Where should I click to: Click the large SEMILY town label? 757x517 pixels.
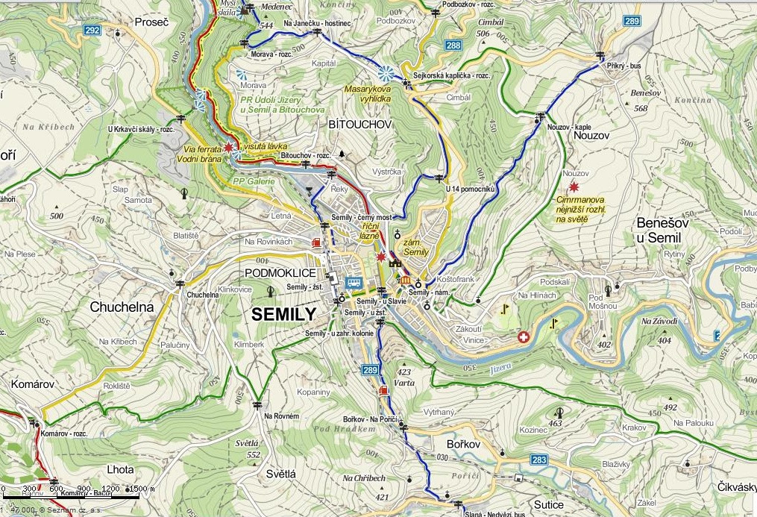pyautogui.click(x=284, y=314)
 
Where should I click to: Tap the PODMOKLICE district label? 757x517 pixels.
pyautogui.click(x=280, y=273)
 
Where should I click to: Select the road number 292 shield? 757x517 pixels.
pyautogui.click(x=92, y=30)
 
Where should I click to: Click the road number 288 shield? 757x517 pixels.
pyautogui.click(x=453, y=46)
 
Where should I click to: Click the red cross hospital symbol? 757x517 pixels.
pyautogui.click(x=524, y=337)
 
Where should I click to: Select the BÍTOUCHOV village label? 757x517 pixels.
pyautogui.click(x=359, y=125)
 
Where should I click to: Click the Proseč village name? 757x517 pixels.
pyautogui.click(x=152, y=22)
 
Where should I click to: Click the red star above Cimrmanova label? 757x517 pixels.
pyautogui.click(x=574, y=187)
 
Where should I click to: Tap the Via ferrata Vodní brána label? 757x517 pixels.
pyautogui.click(x=199, y=154)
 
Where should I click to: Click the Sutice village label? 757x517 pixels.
pyautogui.click(x=548, y=505)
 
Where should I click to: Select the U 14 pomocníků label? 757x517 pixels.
pyautogui.click(x=470, y=189)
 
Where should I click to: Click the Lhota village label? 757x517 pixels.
pyautogui.click(x=120, y=469)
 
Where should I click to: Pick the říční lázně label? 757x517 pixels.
pyautogui.click(x=371, y=230)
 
